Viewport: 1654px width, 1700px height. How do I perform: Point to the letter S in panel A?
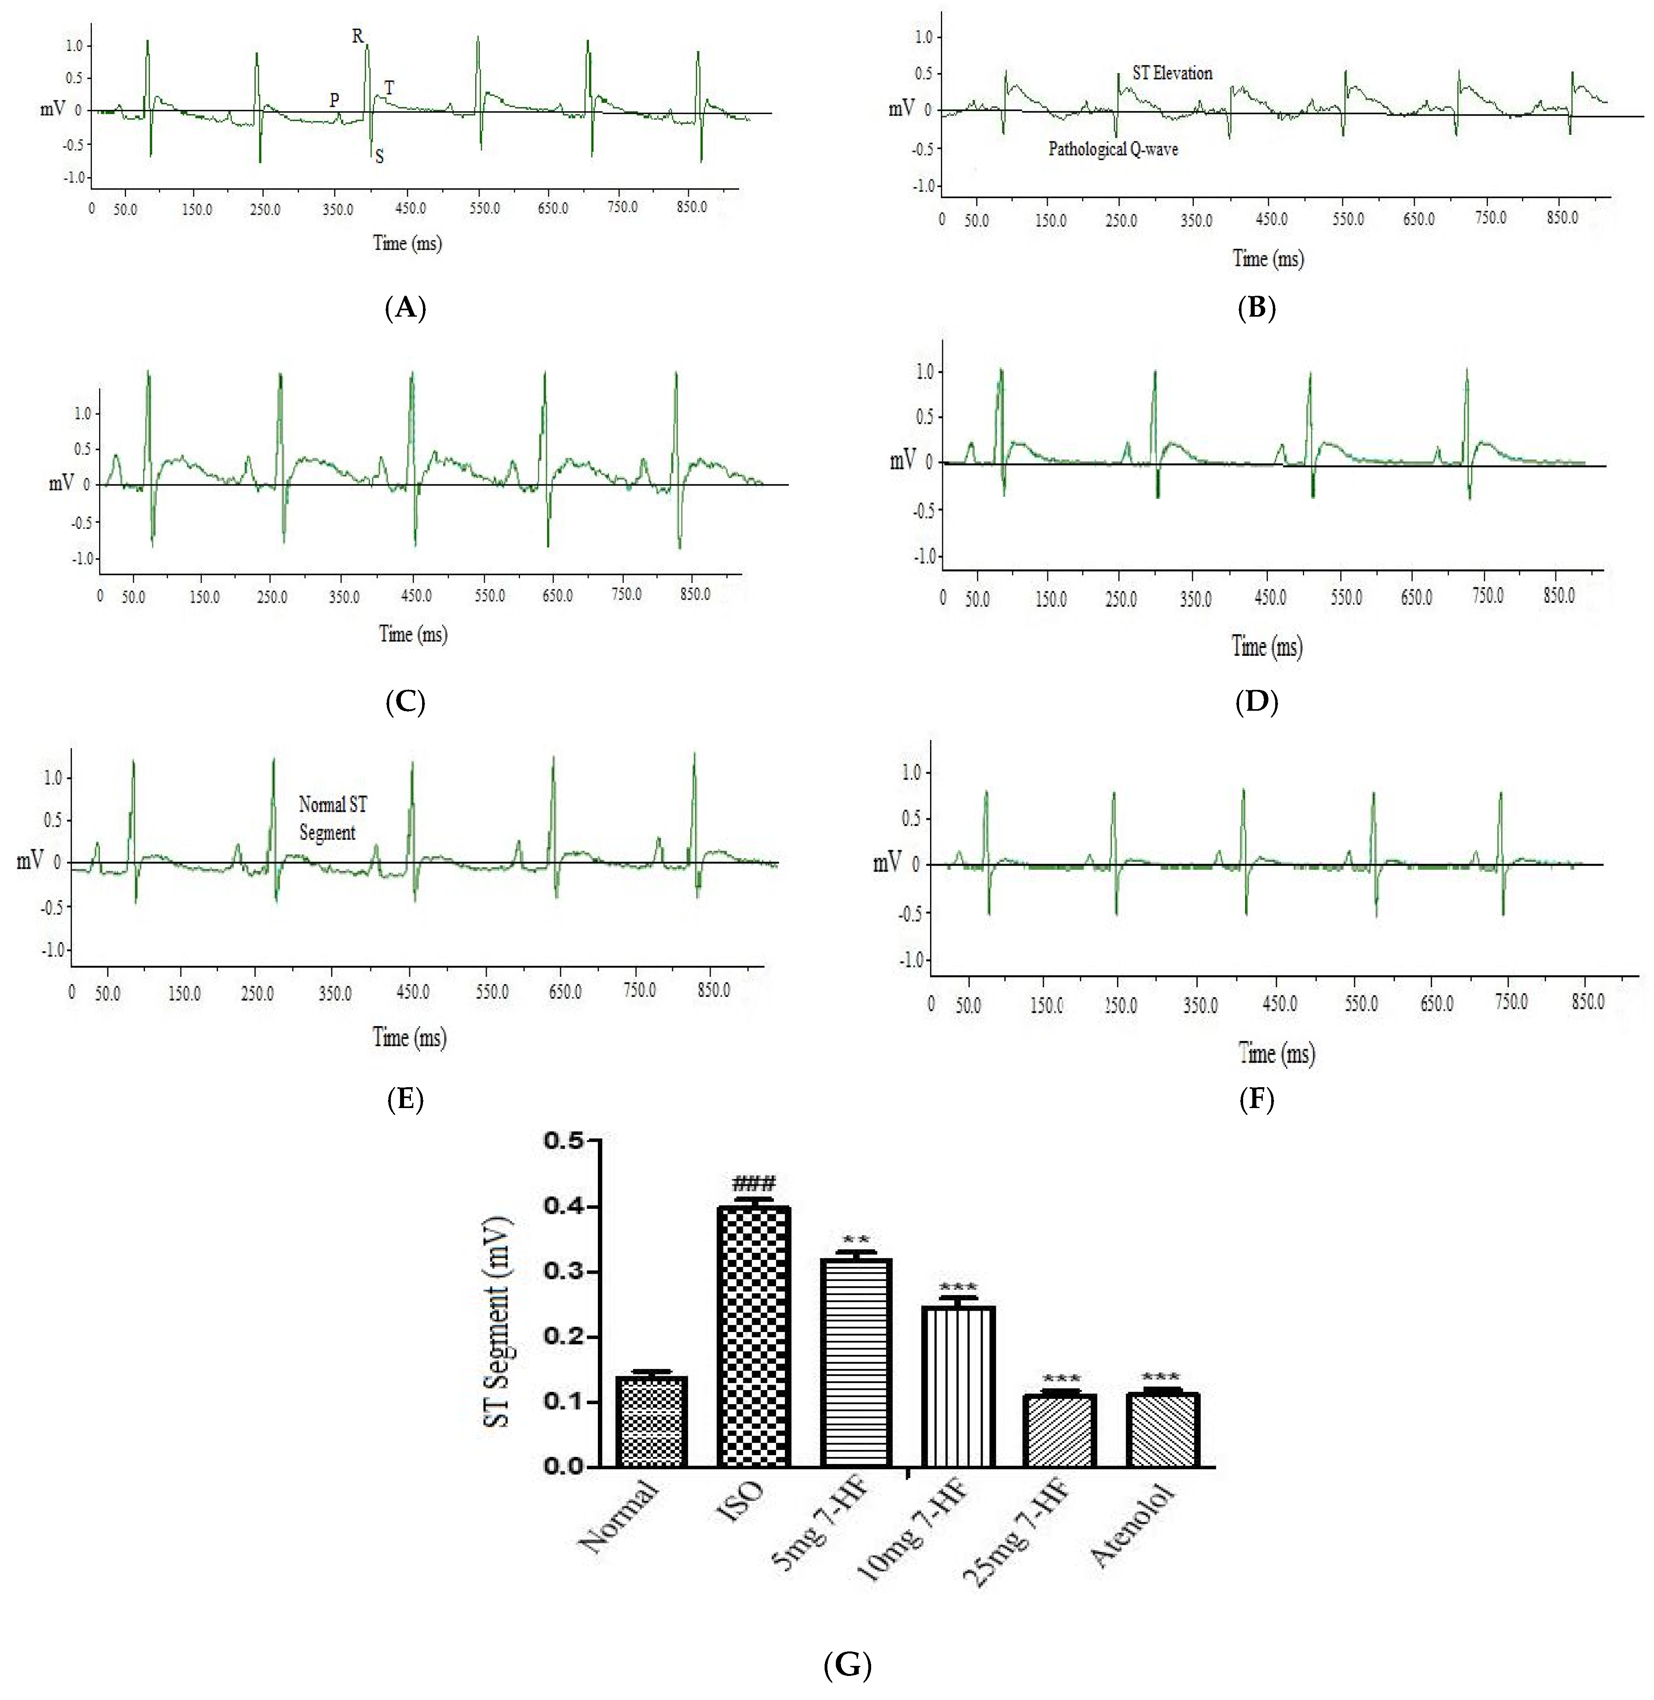click(380, 157)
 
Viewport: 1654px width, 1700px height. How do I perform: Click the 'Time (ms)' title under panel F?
click(1276, 1054)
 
